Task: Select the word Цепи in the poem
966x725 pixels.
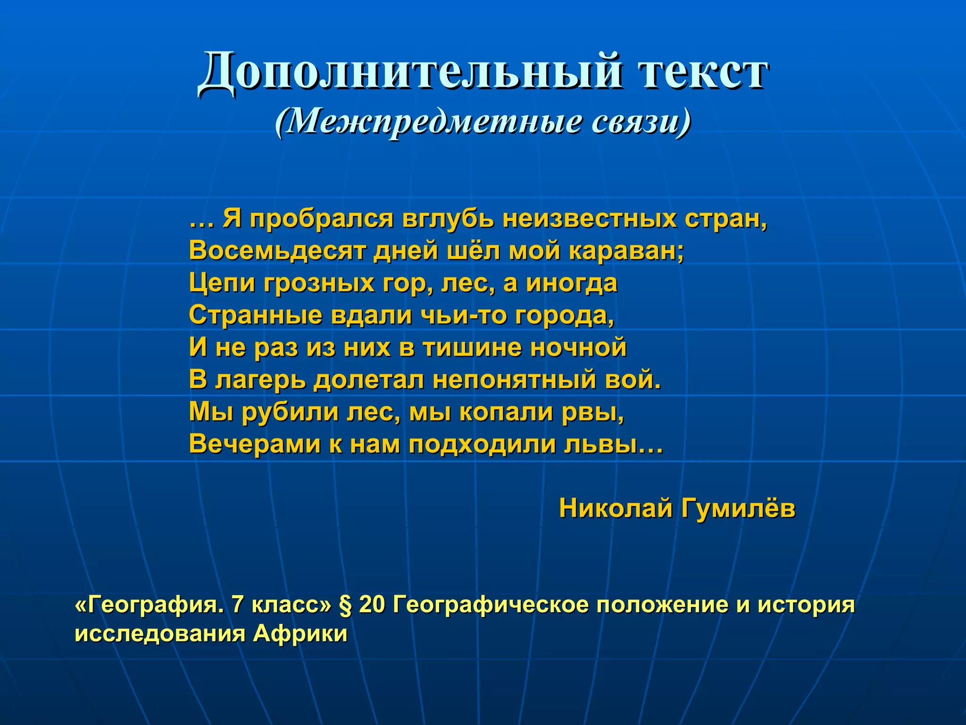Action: tap(222, 283)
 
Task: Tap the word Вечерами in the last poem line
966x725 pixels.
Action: tap(255, 444)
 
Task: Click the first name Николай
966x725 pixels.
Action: tap(616, 508)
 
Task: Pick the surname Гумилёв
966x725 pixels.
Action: tap(738, 508)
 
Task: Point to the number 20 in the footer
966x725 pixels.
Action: tap(372, 605)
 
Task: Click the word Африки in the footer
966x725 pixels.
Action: tap(300, 633)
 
